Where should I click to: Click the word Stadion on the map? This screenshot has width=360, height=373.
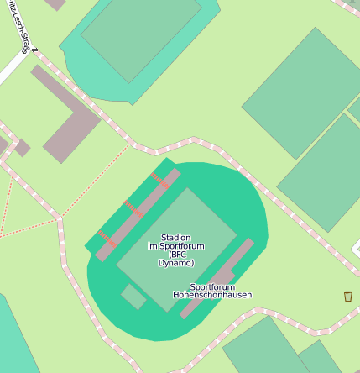[x=176, y=238]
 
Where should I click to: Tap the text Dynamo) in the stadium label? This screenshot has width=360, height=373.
[x=176, y=263]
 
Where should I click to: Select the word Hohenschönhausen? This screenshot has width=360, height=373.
[x=212, y=295]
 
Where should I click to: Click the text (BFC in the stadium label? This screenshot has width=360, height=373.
[x=177, y=255]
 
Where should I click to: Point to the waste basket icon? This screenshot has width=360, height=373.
[x=347, y=296]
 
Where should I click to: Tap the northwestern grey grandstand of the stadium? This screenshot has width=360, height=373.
[x=138, y=214]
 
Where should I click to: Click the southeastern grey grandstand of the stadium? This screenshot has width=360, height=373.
[x=217, y=278]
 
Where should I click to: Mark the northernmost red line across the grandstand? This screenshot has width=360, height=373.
[x=159, y=180]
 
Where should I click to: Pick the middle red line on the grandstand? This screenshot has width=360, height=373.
[x=131, y=208]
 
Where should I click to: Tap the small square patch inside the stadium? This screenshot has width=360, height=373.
[x=133, y=297]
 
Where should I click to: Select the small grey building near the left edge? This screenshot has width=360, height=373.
[x=21, y=148]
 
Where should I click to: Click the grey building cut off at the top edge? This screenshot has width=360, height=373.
[x=55, y=3]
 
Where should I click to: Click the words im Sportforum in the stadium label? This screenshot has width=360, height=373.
[x=176, y=246]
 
